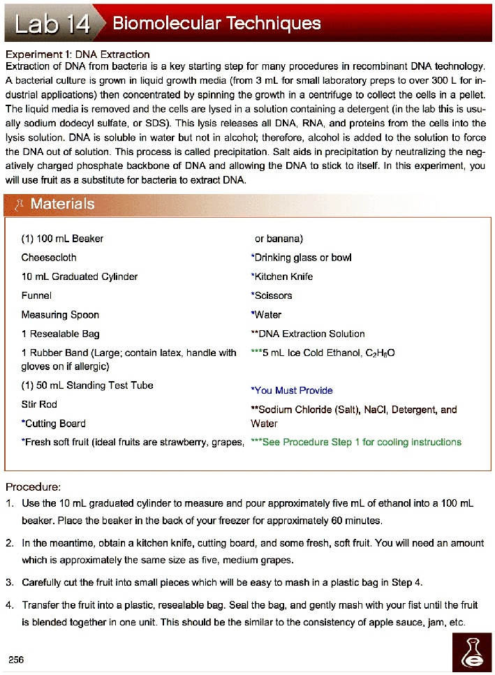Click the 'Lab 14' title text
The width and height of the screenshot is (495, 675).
pyautogui.click(x=54, y=24)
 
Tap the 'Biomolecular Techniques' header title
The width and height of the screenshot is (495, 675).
pyautogui.click(x=216, y=24)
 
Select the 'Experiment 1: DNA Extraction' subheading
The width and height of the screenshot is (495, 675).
pyautogui.click(x=77, y=54)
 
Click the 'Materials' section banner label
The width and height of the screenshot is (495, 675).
pyautogui.click(x=62, y=204)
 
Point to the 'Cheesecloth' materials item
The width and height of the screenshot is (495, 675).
pyautogui.click(x=49, y=258)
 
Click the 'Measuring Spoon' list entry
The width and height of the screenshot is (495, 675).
pyautogui.click(x=60, y=315)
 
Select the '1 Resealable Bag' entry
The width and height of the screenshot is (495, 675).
pyautogui.click(x=60, y=334)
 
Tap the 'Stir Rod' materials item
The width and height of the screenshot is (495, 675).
pyautogui.click(x=39, y=404)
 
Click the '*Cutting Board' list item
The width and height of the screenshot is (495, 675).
pyautogui.click(x=54, y=423)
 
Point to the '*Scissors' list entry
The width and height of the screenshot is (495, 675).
pyautogui.click(x=271, y=295)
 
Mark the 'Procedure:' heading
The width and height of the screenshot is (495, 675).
pyautogui.click(x=34, y=487)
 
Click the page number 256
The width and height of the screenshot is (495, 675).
pyautogui.click(x=16, y=660)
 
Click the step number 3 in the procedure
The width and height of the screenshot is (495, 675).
pyautogui.click(x=10, y=582)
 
